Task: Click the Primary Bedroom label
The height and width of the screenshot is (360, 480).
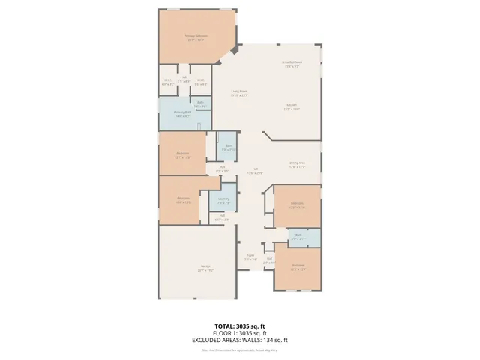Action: click(x=196, y=37)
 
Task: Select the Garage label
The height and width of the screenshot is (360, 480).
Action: click(x=205, y=268)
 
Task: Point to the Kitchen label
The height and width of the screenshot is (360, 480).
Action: click(x=292, y=107)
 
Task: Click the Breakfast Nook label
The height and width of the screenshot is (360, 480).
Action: click(x=292, y=64)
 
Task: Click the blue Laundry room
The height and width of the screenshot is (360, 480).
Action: click(x=223, y=200)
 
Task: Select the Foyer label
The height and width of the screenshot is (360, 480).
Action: click(x=251, y=256)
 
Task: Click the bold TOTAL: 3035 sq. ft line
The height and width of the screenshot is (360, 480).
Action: click(x=240, y=325)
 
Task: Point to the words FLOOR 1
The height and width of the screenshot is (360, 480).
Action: click(x=225, y=333)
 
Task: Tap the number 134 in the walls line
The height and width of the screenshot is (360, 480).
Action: click(x=271, y=340)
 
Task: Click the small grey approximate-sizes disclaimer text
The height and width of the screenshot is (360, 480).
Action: click(x=240, y=349)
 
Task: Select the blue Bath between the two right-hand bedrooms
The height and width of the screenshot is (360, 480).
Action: click(x=298, y=236)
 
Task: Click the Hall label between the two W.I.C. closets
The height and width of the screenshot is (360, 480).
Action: click(x=184, y=77)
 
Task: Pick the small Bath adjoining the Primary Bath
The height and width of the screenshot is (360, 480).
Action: click(x=201, y=106)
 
